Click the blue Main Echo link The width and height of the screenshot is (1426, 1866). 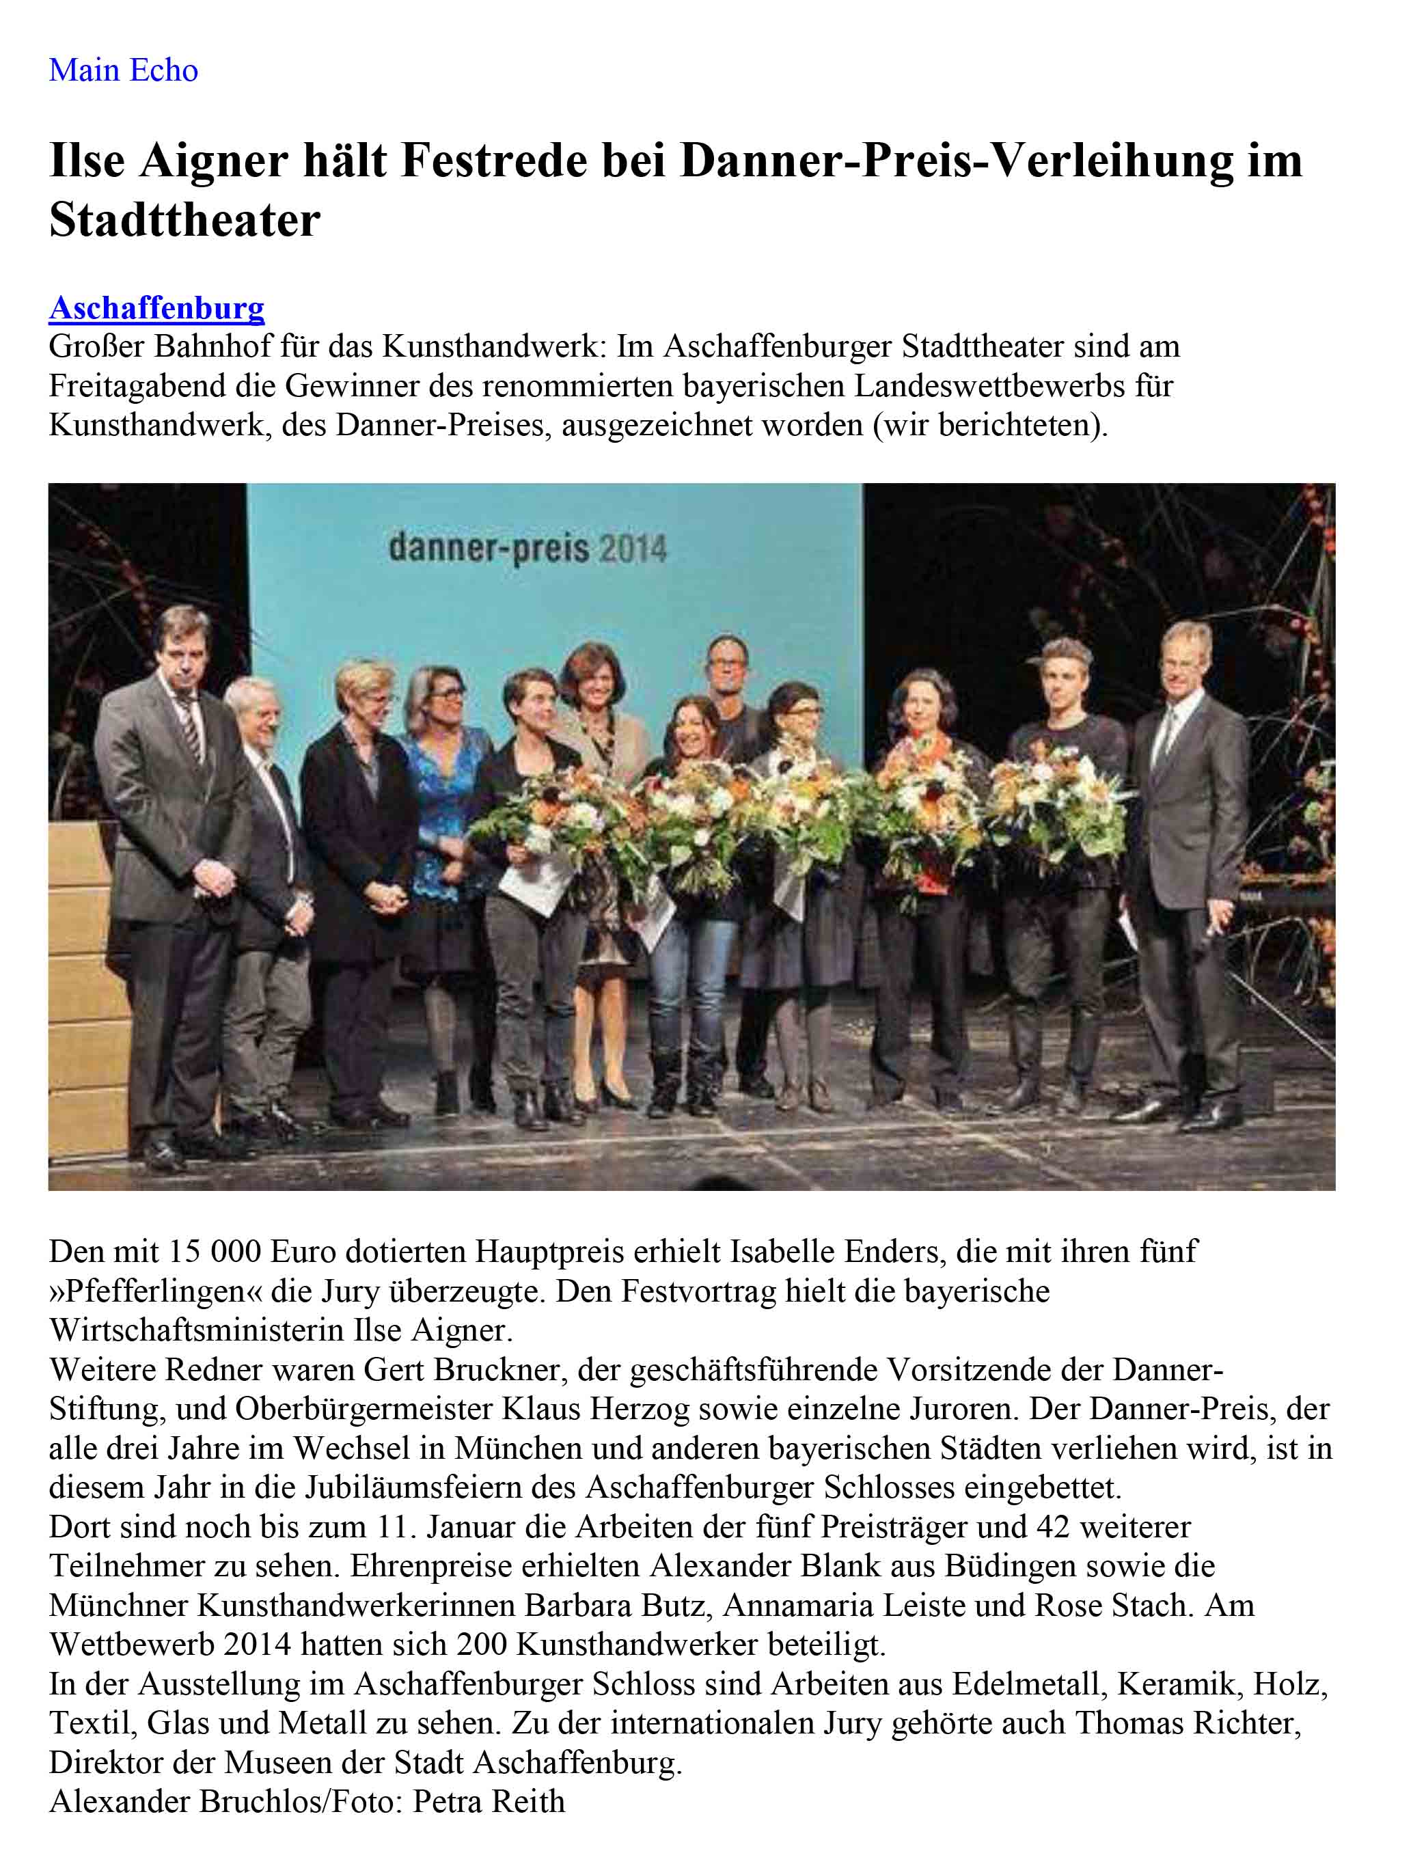click(x=123, y=70)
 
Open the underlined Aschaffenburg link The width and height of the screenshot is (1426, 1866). click(x=156, y=308)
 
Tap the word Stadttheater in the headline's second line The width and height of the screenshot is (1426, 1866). click(x=184, y=221)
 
